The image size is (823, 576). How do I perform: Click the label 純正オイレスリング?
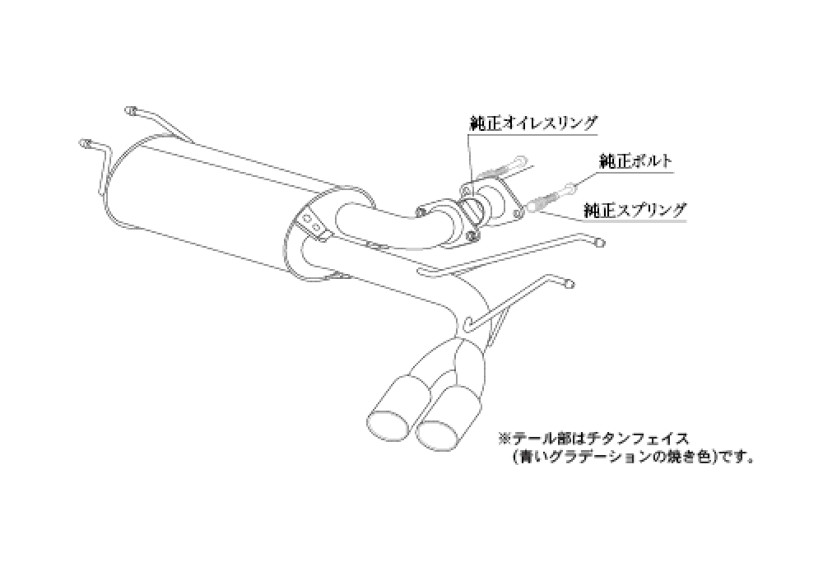point(533,123)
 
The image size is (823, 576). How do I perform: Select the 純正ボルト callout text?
point(635,160)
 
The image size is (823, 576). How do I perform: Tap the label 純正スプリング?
point(635,211)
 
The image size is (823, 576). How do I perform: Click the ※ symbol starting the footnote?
point(504,438)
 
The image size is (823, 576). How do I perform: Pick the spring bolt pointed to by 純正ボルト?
point(552,196)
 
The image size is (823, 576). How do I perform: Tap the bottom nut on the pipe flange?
point(472,237)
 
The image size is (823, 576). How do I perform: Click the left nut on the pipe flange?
point(421,212)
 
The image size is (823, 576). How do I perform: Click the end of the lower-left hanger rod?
point(84,142)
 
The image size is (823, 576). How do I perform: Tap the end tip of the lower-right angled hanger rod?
point(569,285)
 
